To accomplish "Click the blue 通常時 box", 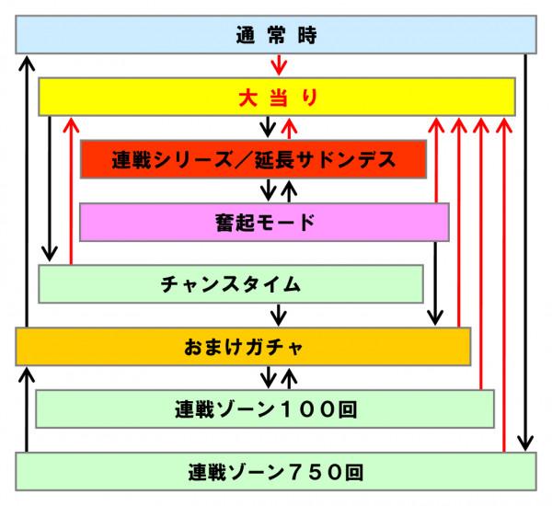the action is click(276, 35).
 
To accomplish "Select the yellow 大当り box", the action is click(277, 97).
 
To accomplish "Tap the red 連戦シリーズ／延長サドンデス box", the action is click(253, 159).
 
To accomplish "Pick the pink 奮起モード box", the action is click(264, 222).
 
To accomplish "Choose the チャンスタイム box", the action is click(231, 283).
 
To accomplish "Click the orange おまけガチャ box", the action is click(243, 347).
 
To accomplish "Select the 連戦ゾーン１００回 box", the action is click(265, 408).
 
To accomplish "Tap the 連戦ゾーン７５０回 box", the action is click(276, 471).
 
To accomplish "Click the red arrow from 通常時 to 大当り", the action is click(279, 65).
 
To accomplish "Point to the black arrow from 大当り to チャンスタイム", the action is click(50, 190).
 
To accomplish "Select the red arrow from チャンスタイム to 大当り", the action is click(71, 190).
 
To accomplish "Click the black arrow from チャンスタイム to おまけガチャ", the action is click(279, 315).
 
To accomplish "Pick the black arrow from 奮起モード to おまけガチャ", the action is click(435, 283).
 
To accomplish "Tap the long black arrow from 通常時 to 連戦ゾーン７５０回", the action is click(525, 252).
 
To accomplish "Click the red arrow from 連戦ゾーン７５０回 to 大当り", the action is click(504, 284).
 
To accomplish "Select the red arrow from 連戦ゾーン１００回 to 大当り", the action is click(481, 253).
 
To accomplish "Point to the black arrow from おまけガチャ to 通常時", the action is click(27, 191).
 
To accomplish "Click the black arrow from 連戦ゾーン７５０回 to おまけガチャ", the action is click(27, 409).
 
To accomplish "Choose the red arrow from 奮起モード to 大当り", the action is click(436, 160).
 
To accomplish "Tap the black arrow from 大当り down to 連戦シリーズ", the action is click(268, 127).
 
